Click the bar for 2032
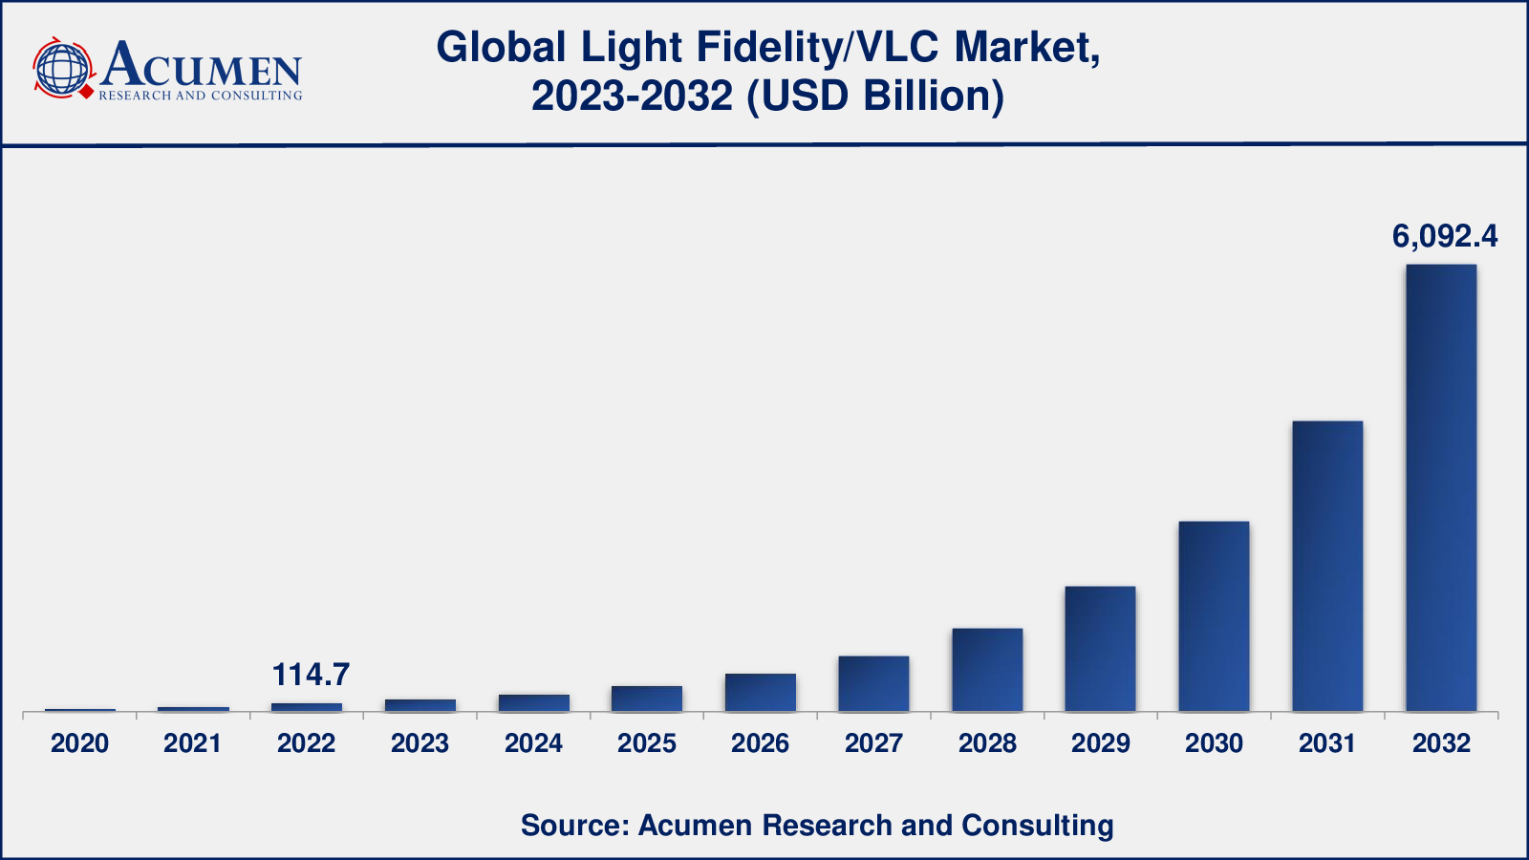[x=1441, y=487]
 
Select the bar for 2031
[x=1327, y=566]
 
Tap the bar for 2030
[x=1214, y=616]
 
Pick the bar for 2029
[x=1100, y=649]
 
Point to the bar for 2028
[x=987, y=670]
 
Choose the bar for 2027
[x=873, y=683]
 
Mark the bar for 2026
[x=760, y=693]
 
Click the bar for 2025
[x=647, y=699]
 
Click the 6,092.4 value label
[x=1444, y=236]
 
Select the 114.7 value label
[x=311, y=675]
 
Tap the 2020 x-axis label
[x=79, y=743]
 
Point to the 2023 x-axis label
[x=420, y=743]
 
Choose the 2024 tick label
[x=533, y=743]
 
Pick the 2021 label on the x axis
[x=192, y=743]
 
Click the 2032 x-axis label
[x=1441, y=743]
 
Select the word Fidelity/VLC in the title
[x=819, y=47]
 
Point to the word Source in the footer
[x=571, y=825]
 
